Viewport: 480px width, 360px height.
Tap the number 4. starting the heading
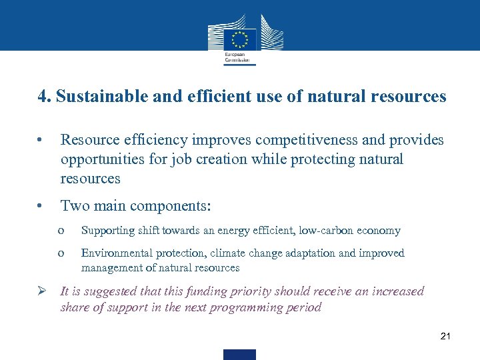[45, 97]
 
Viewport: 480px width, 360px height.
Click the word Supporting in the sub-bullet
[107, 231]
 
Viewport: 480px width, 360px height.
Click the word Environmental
[116, 253]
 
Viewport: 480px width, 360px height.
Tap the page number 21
[446, 336]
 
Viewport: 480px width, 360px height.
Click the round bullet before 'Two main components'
[41, 206]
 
